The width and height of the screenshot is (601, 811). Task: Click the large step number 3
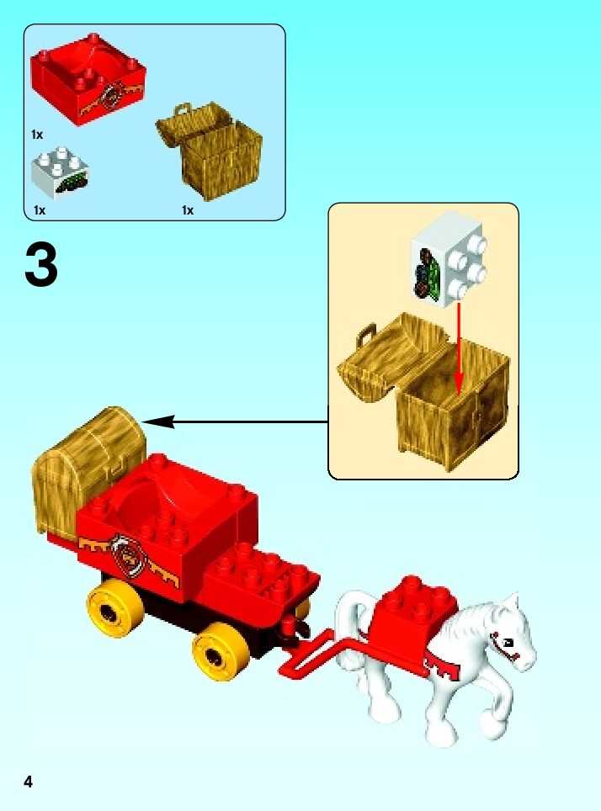click(x=41, y=266)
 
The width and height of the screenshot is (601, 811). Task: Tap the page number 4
click(x=28, y=782)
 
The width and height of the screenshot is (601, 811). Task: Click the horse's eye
click(x=508, y=642)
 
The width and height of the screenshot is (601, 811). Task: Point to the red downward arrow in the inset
click(x=458, y=348)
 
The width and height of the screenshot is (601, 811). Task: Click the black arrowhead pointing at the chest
click(x=158, y=422)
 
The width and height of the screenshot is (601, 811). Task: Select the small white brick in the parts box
click(x=60, y=172)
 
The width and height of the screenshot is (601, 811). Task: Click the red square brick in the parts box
click(x=88, y=78)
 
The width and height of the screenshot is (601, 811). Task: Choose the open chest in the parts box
click(x=210, y=150)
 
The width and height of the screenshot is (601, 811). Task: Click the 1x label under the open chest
click(x=188, y=210)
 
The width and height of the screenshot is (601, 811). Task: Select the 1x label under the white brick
click(x=40, y=210)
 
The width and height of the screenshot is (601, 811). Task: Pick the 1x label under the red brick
click(x=37, y=135)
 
